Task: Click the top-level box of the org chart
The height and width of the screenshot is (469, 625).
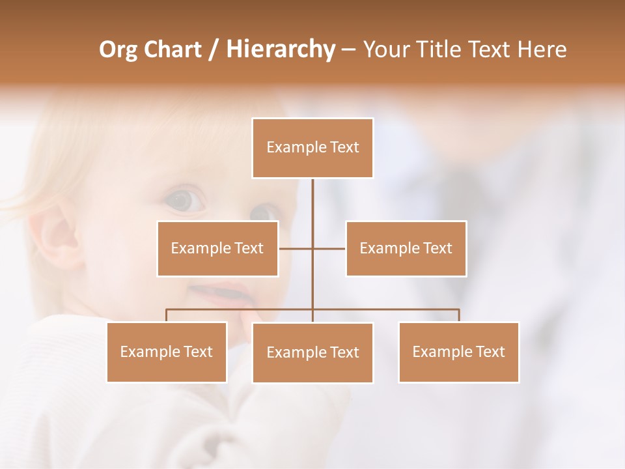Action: [312, 148]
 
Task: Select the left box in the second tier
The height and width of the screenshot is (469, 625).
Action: [217, 248]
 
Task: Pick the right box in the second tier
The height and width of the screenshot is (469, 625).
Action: [406, 248]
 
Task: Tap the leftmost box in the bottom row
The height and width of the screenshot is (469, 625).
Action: [167, 352]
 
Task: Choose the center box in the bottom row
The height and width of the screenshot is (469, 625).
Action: [312, 352]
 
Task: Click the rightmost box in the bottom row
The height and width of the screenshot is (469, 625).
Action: [458, 352]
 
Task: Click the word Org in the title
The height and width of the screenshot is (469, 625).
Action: [118, 50]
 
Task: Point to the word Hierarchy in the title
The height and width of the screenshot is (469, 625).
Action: [280, 50]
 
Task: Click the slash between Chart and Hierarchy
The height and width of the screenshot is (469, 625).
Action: [214, 50]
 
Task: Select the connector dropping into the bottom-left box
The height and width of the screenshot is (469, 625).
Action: [167, 315]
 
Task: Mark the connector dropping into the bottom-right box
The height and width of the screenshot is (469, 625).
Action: [459, 315]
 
